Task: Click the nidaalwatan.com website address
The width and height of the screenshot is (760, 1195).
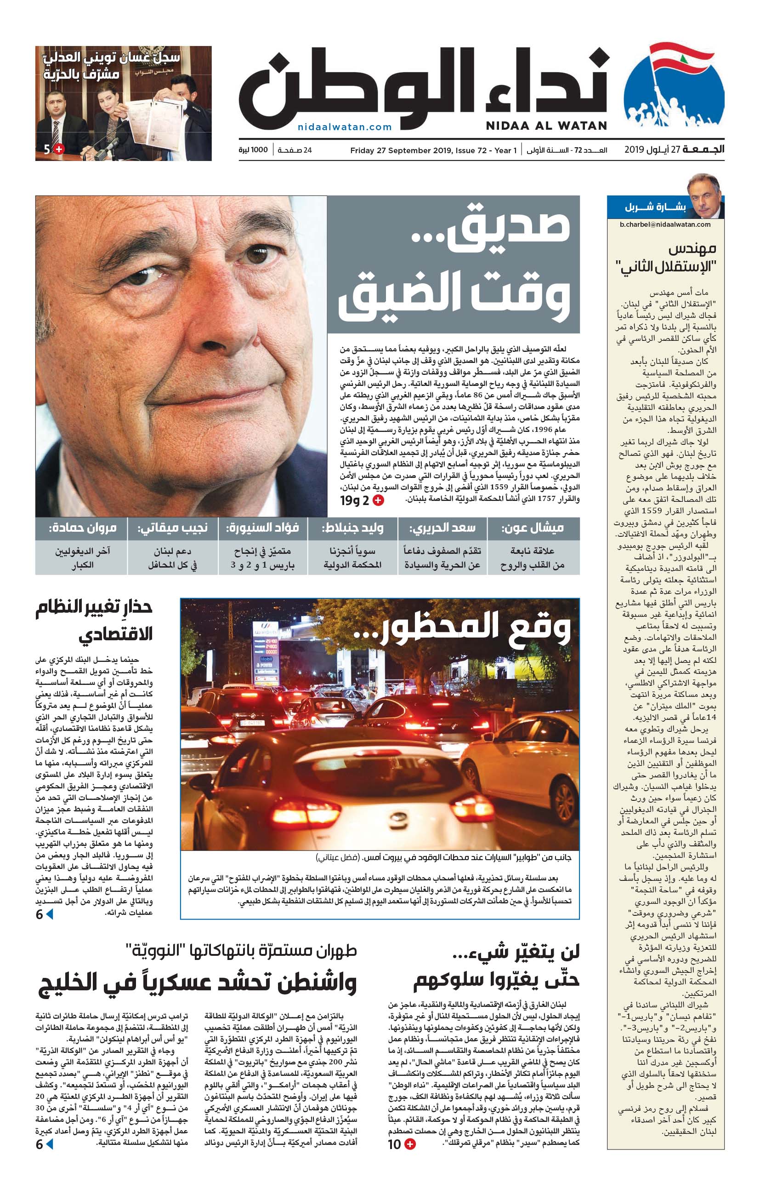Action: coord(345,127)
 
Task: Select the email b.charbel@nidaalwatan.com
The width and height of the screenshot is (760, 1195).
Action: coord(665,224)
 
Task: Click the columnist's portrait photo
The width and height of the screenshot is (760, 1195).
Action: coord(704,195)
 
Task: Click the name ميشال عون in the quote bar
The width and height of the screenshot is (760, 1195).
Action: coord(533,528)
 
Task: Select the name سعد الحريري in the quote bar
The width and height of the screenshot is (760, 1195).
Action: coord(442,528)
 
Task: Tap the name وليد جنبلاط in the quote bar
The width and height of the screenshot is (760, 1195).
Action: coord(352,528)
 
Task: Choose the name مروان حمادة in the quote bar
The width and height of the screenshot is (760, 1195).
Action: coord(82,528)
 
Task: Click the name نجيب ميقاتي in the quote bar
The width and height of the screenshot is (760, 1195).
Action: coord(172,528)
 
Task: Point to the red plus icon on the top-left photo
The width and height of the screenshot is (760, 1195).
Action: coord(59,149)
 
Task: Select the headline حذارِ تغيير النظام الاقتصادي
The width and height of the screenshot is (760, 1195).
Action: coord(94,620)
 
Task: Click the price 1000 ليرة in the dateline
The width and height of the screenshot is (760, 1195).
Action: coord(253,150)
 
